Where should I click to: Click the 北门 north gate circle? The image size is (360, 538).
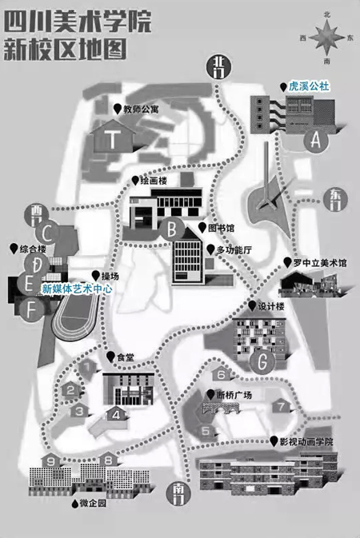[219, 67]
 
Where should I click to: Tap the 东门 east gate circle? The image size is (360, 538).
[336, 199]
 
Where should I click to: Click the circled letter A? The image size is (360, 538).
[316, 140]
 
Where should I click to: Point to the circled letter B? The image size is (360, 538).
[173, 229]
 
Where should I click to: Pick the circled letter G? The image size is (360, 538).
[262, 361]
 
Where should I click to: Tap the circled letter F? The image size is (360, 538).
[31, 310]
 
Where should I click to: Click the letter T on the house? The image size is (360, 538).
[112, 139]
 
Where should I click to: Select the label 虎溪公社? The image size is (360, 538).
[309, 86]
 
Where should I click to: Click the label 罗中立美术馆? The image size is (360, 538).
[319, 263]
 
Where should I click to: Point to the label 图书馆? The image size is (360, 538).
[222, 228]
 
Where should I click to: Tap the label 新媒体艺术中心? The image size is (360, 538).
[77, 289]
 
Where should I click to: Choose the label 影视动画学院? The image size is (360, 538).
[306, 441]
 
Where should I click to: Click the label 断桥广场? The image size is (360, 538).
[234, 395]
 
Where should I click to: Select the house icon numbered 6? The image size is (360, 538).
[222, 373]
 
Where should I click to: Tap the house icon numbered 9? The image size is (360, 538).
[51, 460]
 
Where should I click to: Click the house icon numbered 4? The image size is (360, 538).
[117, 414]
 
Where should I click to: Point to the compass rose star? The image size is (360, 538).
[326, 38]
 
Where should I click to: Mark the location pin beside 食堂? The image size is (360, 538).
[110, 357]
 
